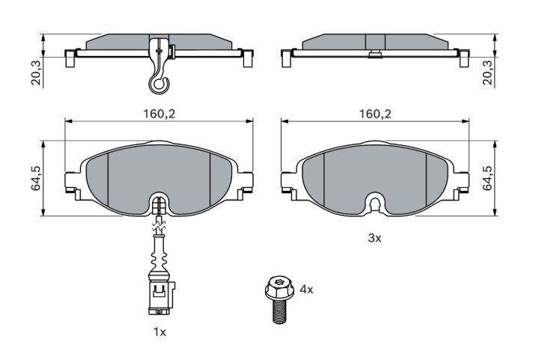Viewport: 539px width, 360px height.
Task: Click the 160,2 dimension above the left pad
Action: coord(159,114)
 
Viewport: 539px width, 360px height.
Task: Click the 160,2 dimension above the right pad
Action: coord(375,114)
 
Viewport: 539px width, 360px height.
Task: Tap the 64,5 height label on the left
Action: coord(36,178)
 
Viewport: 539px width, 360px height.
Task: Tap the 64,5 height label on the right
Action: coord(488,178)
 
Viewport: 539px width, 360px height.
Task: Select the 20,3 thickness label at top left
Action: coord(36,72)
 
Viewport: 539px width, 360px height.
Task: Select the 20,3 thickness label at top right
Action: coord(488,72)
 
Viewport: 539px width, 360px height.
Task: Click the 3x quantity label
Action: coord(375,238)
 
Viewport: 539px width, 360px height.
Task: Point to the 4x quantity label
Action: coord(306,290)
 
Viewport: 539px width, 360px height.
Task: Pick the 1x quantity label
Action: coord(159,332)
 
